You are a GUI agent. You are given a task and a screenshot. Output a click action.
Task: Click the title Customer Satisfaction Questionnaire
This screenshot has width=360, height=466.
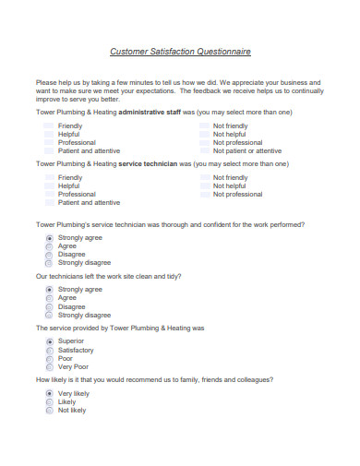pos(180,53)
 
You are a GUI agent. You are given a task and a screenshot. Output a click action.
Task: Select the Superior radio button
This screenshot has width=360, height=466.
pos(49,341)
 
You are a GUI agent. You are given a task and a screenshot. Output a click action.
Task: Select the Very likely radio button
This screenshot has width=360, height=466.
pos(49,393)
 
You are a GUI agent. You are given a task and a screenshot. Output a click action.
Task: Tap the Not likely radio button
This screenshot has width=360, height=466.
pos(49,410)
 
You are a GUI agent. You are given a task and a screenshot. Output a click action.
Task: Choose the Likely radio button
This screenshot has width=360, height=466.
pos(49,401)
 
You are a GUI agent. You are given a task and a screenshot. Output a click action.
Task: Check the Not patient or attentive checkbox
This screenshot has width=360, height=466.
pos(205,150)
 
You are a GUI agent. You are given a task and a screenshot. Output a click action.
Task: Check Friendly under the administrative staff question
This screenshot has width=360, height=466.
pos(49,125)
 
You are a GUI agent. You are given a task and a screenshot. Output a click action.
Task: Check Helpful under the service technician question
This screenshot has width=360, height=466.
pos(49,185)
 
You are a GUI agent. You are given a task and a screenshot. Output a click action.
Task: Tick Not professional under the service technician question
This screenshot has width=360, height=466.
pos(205,194)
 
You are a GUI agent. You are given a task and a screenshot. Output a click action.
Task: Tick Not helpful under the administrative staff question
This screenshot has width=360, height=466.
pos(205,134)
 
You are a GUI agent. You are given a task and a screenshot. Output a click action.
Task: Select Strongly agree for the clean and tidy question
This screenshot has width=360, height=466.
pos(49,290)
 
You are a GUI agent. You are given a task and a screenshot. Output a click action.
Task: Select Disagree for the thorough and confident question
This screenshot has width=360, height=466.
pos(49,255)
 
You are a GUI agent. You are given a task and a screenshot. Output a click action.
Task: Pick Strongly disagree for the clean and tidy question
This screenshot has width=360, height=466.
pos(49,315)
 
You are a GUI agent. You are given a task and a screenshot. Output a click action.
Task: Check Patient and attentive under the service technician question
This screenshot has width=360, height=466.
pos(49,202)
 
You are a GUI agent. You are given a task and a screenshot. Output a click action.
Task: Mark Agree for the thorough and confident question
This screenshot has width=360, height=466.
pos(49,246)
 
